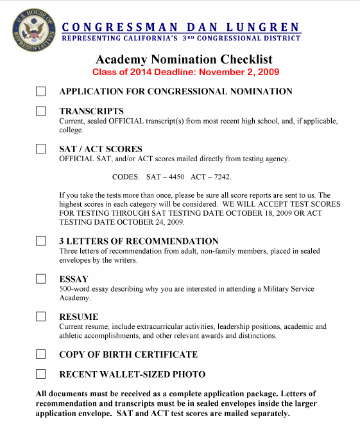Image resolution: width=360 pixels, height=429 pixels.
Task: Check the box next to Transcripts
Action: click(x=41, y=111)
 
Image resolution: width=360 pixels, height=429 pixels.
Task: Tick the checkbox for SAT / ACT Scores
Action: click(x=41, y=149)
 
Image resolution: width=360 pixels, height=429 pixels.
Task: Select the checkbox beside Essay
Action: click(x=41, y=279)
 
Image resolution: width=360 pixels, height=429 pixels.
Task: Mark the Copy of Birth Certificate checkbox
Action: click(x=41, y=354)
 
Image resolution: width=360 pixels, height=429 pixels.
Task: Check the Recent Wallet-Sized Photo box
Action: click(x=41, y=374)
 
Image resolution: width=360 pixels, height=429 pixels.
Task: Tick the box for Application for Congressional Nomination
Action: click(x=41, y=92)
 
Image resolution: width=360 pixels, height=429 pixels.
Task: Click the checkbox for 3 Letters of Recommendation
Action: click(x=41, y=241)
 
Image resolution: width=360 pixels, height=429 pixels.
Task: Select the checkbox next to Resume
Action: click(x=41, y=317)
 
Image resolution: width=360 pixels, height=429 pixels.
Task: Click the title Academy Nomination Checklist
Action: click(x=185, y=60)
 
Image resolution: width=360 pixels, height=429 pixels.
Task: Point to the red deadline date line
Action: click(x=185, y=72)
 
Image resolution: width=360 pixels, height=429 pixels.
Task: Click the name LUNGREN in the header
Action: click(x=263, y=27)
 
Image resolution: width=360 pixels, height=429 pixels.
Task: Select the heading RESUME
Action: click(x=78, y=317)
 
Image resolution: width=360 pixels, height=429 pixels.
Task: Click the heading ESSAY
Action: click(x=74, y=279)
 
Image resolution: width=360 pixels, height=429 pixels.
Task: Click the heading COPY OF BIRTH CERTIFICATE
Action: click(x=128, y=354)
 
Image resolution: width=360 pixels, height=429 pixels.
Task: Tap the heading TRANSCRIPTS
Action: click(x=91, y=111)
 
